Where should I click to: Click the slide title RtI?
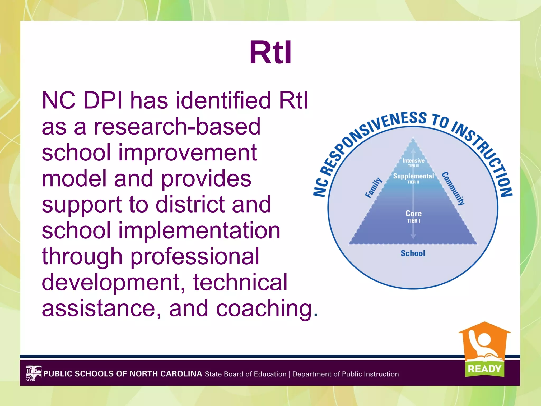pos(270,52)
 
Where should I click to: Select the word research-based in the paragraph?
pos(177,127)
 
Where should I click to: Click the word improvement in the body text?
pos(187,153)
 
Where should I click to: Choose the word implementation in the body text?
pos(199,230)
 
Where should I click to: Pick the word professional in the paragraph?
pos(195,256)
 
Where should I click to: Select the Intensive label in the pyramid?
pos(413,161)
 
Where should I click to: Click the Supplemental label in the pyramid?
pos(413,176)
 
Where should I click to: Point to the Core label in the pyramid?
pos(413,214)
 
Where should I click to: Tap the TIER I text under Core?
pos(413,221)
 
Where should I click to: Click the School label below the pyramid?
pos(413,253)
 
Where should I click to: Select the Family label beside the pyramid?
pos(374,188)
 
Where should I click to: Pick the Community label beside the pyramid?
pos(453,188)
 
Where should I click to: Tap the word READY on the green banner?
pos(484,369)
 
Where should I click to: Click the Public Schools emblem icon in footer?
pos(34,373)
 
